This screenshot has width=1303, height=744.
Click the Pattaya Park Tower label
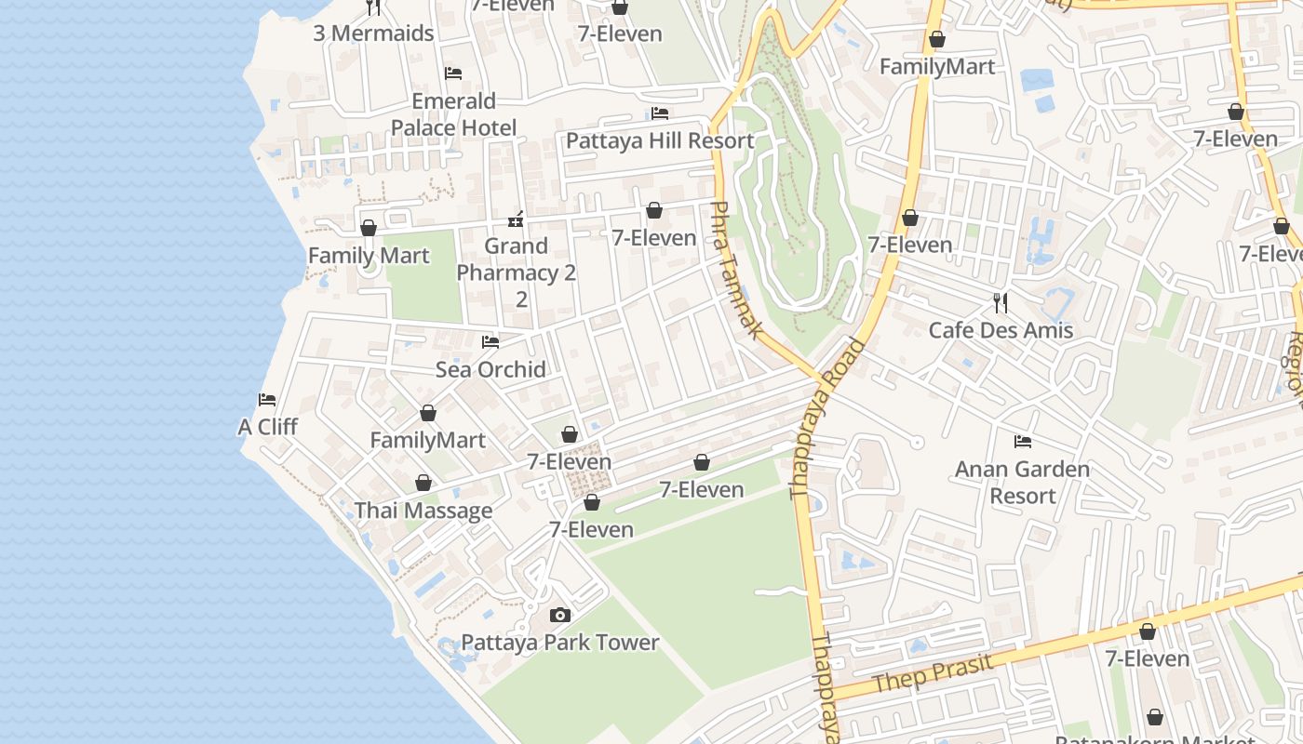pyautogui.click(x=560, y=643)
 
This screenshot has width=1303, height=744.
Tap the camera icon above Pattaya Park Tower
pyautogui.click(x=559, y=615)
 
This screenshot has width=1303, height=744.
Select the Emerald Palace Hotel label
pyautogui.click(x=453, y=113)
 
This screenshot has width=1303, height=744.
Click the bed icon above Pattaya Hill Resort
pyautogui.click(x=660, y=113)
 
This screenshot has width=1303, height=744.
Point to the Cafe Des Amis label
pyautogui.click(x=1001, y=330)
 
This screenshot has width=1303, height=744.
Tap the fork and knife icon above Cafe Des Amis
pyautogui.click(x=1001, y=302)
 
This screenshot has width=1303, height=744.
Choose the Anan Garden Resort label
pyautogui.click(x=1022, y=482)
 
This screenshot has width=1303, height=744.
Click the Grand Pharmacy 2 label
pyautogui.click(x=517, y=272)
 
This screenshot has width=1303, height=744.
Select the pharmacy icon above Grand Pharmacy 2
pyautogui.click(x=516, y=220)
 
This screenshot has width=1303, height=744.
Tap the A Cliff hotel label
pyautogui.click(x=267, y=427)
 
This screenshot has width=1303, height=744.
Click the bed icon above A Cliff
pyautogui.click(x=267, y=400)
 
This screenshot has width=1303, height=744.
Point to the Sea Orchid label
pyautogui.click(x=490, y=369)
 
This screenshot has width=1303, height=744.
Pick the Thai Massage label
pyautogui.click(x=423, y=511)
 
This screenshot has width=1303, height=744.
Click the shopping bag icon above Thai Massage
pyautogui.click(x=423, y=484)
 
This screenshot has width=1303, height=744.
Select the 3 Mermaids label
pyautogui.click(x=373, y=33)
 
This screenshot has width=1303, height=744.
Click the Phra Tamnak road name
pyautogui.click(x=736, y=270)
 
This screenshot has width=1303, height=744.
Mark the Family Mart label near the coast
pyautogui.click(x=369, y=256)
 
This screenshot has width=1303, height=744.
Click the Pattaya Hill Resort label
pyautogui.click(x=660, y=140)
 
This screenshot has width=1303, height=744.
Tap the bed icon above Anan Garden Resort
pyautogui.click(x=1023, y=441)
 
